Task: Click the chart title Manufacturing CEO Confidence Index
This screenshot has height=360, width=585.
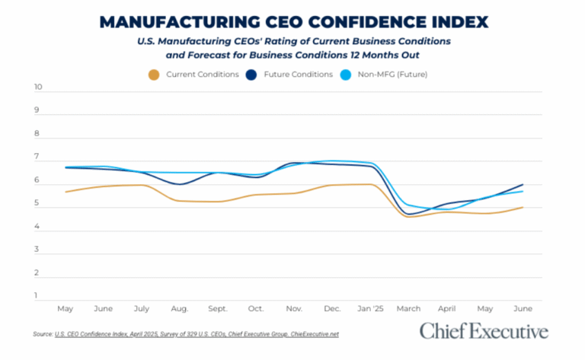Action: tap(292, 21)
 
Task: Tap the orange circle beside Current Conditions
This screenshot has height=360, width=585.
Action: tap(155, 75)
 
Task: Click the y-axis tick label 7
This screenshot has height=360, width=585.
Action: tap(37, 158)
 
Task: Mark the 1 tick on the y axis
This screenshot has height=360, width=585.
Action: tap(37, 296)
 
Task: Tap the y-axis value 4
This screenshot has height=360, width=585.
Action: tap(37, 227)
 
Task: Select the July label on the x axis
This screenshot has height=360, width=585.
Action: tap(141, 309)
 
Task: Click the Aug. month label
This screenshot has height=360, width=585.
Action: tap(179, 309)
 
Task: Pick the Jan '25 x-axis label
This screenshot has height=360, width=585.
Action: tap(370, 309)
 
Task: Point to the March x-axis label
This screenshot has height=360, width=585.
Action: tap(409, 309)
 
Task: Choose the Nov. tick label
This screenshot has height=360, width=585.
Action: tap(294, 309)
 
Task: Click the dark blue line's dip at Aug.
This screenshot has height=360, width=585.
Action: tap(179, 184)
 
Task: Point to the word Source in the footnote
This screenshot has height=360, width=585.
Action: tap(42, 334)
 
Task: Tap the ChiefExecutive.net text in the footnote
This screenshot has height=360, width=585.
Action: tap(314, 334)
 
